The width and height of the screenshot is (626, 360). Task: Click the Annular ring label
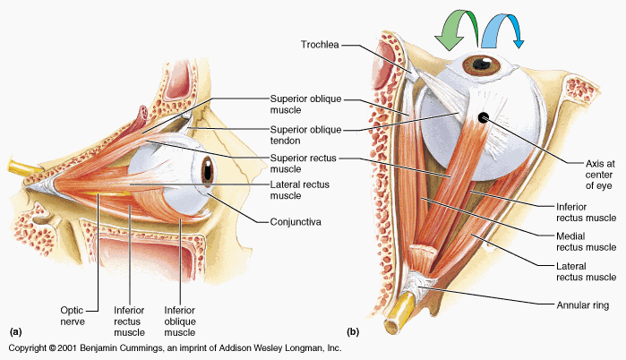[582, 304]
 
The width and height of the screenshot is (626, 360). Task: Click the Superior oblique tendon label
[304, 134]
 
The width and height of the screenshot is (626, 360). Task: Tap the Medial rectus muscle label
[587, 241]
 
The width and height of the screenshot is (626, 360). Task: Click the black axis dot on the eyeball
[484, 117]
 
